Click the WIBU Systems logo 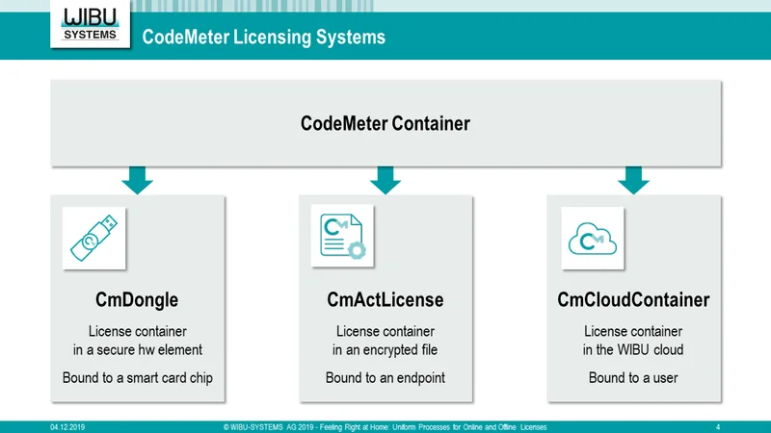point(90,23)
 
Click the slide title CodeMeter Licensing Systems point(263,37)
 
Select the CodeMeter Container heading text point(385,123)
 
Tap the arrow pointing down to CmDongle point(137,180)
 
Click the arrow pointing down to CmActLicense point(385,180)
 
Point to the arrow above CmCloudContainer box point(633,180)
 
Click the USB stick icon point(93,238)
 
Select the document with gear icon point(342,236)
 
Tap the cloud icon point(593,239)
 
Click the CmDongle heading point(137,299)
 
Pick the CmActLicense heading point(385,299)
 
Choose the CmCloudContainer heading point(633,299)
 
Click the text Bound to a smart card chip point(138,377)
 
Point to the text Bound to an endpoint point(385,377)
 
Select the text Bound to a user point(633,377)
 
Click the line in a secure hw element point(138,349)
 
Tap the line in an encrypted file point(385,349)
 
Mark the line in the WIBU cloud point(633,349)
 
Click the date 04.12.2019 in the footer point(67,427)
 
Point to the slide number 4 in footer point(718,427)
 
